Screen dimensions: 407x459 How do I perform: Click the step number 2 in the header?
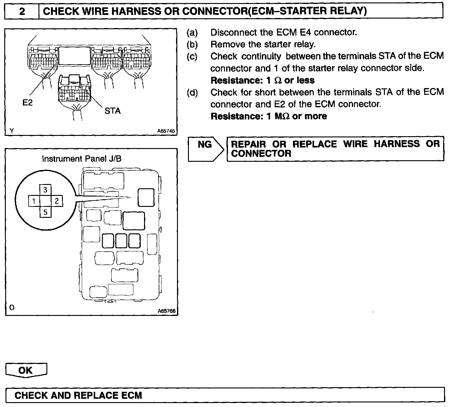pos(22,11)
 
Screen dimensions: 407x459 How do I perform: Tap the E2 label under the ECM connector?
pos(27,103)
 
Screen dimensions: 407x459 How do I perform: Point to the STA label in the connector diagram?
pos(112,111)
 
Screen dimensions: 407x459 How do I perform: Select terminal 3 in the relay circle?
pos(45,190)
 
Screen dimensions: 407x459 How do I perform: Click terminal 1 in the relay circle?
pos(34,201)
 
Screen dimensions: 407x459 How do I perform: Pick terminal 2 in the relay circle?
pos(57,201)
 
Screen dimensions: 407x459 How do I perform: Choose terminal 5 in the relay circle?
pos(45,212)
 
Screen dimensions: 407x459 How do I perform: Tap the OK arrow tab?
pos(26,370)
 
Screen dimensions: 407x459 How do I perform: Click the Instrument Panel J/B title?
pos(81,159)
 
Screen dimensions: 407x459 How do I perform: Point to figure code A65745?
pos(166,131)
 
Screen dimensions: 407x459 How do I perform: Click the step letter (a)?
pos(192,32)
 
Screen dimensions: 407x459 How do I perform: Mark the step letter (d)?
pos(192,92)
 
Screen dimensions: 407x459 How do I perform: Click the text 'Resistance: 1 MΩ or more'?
pos(269,116)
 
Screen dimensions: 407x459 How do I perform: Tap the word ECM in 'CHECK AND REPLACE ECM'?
pos(132,395)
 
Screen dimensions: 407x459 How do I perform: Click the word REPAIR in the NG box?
pos(248,144)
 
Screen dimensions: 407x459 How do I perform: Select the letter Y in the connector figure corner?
pos(12,131)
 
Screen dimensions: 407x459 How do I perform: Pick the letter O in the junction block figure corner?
pos(12,307)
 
